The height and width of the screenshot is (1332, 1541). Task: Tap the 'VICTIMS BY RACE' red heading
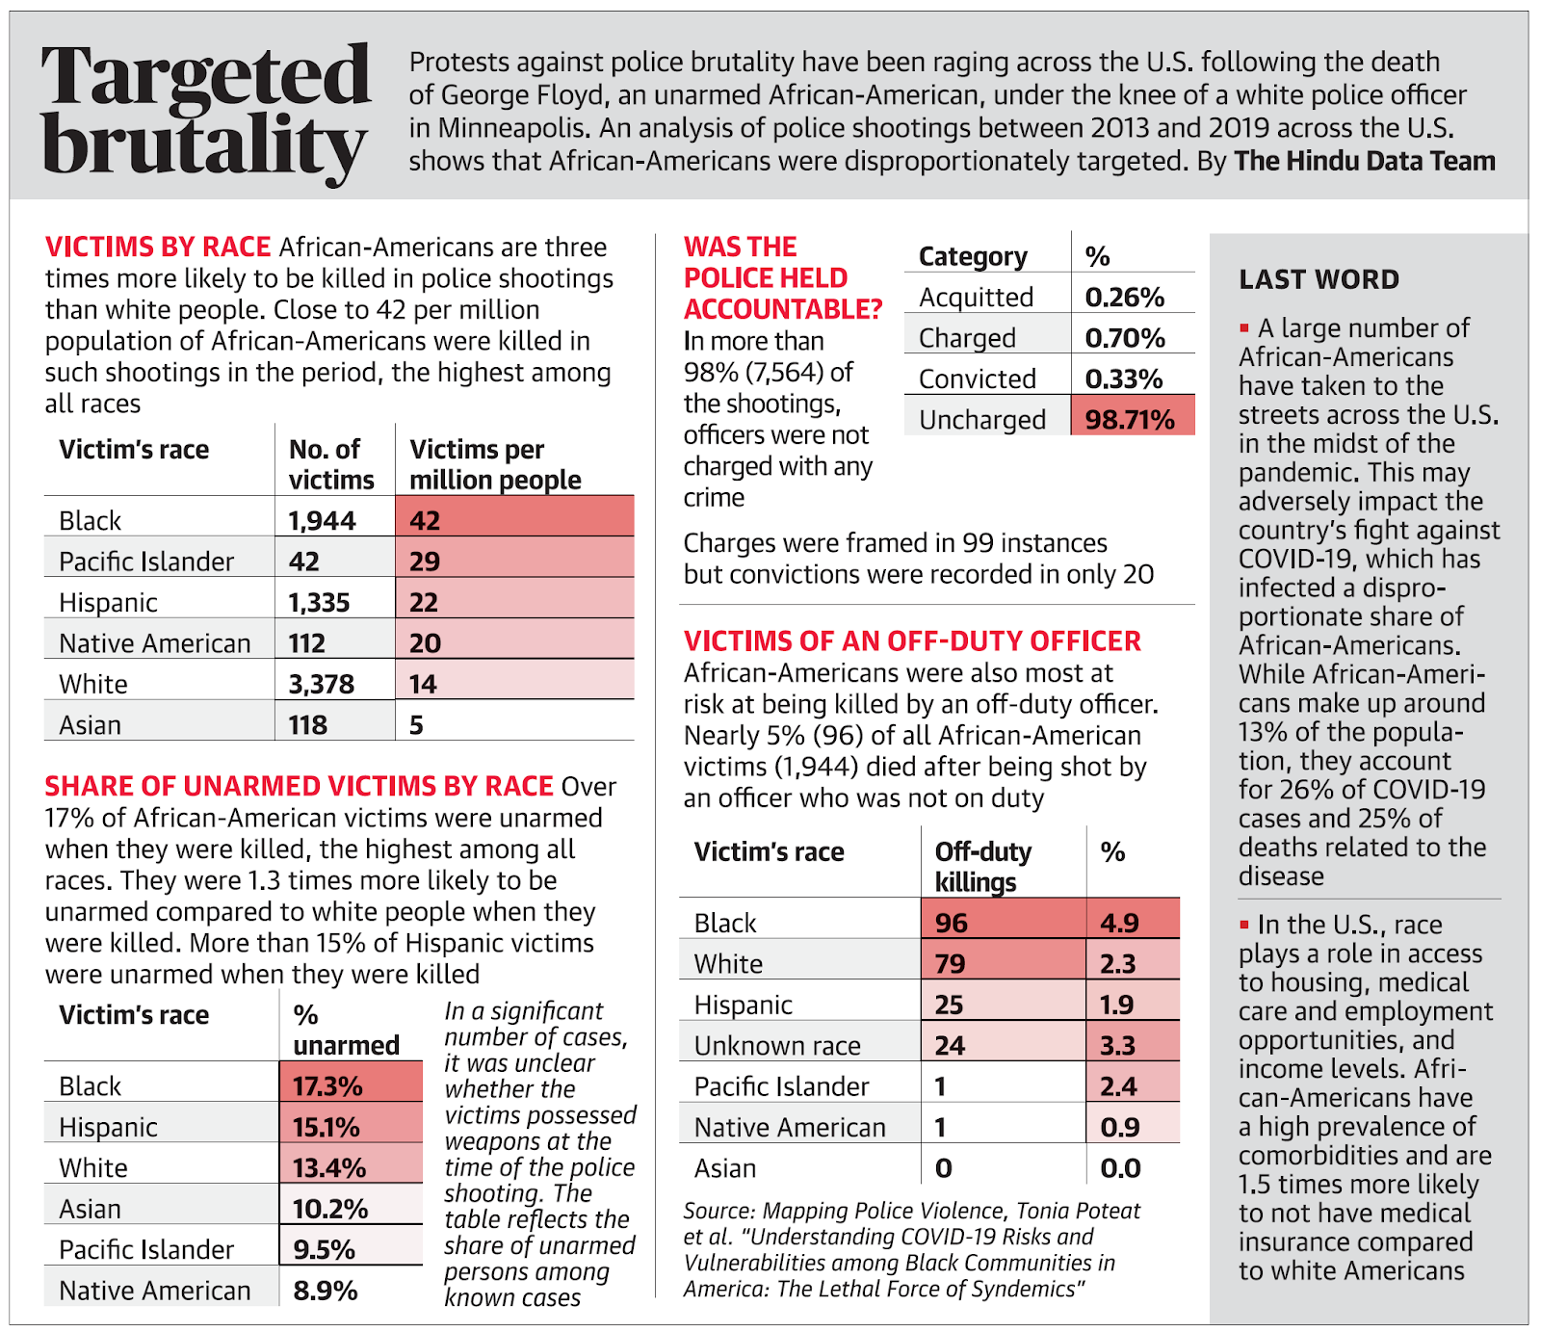158,248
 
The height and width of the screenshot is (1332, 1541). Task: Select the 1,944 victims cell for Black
323,521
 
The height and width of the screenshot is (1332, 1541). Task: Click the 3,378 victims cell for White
322,685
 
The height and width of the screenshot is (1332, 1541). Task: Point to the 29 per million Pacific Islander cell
425,562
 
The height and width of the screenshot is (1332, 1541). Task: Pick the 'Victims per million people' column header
495,464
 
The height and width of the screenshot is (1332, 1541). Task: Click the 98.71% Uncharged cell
1130,420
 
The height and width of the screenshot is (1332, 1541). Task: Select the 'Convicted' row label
977,379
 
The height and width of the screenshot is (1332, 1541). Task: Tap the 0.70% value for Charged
1125,338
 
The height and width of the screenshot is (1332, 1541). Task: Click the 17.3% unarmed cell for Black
328,1086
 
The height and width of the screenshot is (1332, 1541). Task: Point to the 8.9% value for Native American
326,1291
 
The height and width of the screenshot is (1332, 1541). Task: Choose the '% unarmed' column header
346,1031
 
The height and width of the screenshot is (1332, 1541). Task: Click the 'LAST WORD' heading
1319,280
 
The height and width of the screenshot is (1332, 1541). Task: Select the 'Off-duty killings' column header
982,867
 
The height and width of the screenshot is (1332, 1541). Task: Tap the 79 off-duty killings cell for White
951,964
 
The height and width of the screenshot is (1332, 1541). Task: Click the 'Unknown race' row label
777,1046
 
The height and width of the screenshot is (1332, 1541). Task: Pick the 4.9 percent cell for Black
1120,924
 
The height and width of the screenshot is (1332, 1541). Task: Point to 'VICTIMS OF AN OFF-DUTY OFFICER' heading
912,641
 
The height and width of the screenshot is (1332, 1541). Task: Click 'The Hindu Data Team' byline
1365,161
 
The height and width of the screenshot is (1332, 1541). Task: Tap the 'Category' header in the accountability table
973,257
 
